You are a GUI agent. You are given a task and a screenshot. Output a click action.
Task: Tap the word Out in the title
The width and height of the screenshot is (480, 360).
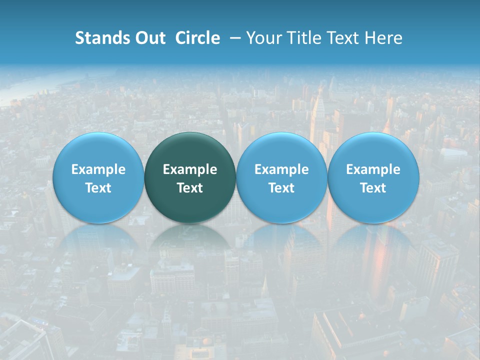[148, 38]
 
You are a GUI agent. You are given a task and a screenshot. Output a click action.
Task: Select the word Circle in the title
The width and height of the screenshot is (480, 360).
[197, 38]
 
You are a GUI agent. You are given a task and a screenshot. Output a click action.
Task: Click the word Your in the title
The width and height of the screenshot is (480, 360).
[261, 38]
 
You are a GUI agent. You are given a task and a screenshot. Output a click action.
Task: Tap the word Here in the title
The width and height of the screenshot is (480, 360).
[382, 38]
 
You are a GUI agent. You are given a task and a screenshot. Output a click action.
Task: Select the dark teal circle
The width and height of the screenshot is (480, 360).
[190, 150]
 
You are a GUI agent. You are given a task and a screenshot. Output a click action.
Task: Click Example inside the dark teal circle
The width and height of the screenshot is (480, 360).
[190, 169]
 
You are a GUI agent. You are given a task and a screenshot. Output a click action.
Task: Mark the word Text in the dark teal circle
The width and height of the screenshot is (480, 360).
[190, 188]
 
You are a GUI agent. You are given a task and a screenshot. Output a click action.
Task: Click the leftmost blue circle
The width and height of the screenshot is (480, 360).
[98, 150]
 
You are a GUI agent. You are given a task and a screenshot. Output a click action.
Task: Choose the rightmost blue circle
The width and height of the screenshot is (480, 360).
[373, 150]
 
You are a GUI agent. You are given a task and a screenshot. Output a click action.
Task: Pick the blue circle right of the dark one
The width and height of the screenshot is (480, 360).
[281, 150]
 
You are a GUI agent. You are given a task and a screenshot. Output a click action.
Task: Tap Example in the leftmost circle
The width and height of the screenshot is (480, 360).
[98, 169]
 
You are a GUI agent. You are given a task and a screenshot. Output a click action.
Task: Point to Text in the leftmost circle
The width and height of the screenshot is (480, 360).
[98, 188]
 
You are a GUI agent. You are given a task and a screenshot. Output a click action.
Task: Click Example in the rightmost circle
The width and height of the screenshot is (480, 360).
[373, 169]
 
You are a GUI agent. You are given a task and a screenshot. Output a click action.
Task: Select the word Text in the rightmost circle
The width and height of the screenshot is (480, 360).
[373, 188]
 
